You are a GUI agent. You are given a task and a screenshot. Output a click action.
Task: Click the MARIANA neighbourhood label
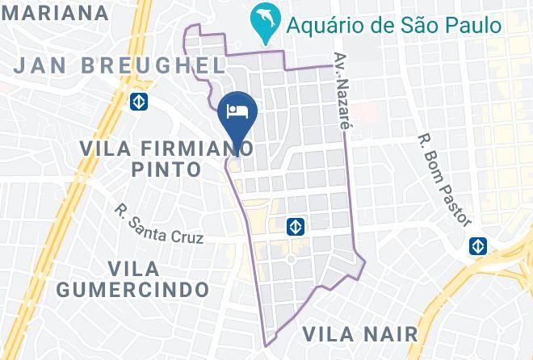(x=55, y=13)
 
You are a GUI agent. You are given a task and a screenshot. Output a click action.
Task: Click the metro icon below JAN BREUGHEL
(x=139, y=102)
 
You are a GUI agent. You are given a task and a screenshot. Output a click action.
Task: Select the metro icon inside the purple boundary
(x=296, y=227)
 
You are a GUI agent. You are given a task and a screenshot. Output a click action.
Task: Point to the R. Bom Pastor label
(x=444, y=179)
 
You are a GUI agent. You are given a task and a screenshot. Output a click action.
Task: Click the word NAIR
(x=389, y=333)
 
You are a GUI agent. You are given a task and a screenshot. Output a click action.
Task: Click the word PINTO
(x=166, y=170)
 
